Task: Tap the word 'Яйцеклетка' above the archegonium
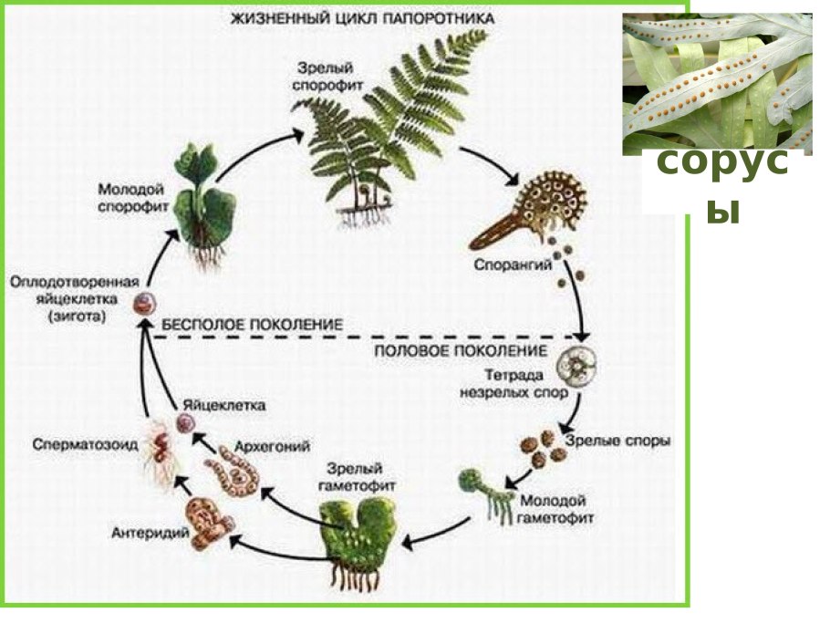pyautogui.click(x=219, y=403)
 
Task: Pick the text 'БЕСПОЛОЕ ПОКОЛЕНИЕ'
pyautogui.click(x=252, y=324)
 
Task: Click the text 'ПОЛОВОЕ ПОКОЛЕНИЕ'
pyautogui.click(x=461, y=349)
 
